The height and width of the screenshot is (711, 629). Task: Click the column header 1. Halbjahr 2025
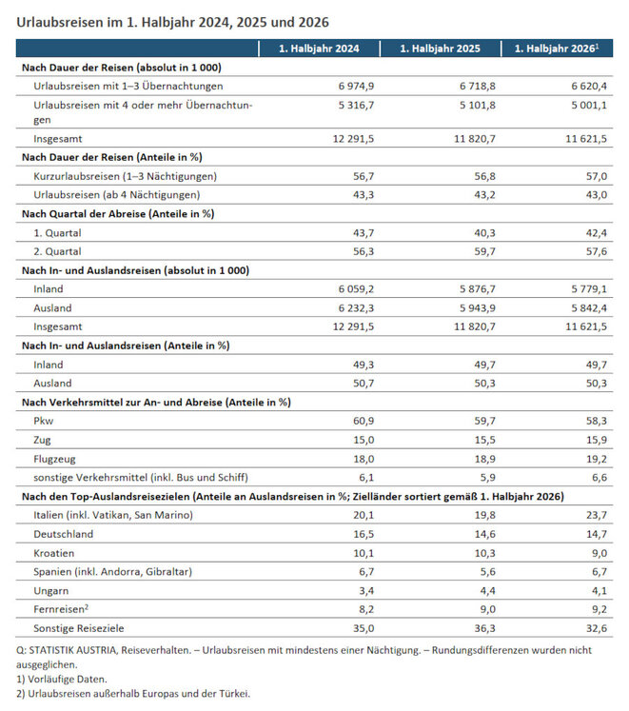pyautogui.click(x=440, y=49)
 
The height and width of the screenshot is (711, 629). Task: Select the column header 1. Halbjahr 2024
pyautogui.click(x=319, y=49)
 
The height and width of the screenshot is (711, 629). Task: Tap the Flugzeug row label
pyautogui.click(x=54, y=459)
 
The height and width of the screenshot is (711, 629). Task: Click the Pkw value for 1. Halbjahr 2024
pyautogui.click(x=364, y=421)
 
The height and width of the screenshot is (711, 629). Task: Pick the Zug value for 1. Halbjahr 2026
pyautogui.click(x=597, y=440)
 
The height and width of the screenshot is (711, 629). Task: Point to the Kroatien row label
pyautogui.click(x=53, y=553)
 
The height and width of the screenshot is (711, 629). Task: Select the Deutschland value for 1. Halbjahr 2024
pyautogui.click(x=364, y=534)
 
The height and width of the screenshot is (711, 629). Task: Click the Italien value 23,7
pyautogui.click(x=597, y=515)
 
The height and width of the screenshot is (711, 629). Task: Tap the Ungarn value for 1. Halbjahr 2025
pyautogui.click(x=488, y=591)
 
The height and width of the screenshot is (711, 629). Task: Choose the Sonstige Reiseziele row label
pyautogui.click(x=78, y=628)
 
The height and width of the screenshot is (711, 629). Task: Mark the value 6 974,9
pyautogui.click(x=356, y=87)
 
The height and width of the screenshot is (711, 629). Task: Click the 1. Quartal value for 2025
pyautogui.click(x=484, y=233)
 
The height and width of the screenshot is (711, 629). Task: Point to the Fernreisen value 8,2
pyautogui.click(x=366, y=609)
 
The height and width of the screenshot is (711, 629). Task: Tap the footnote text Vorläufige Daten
pyautogui.click(x=68, y=680)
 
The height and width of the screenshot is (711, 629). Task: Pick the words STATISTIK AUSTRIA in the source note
pyautogui.click(x=72, y=650)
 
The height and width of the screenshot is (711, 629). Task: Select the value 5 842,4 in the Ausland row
pyautogui.click(x=589, y=308)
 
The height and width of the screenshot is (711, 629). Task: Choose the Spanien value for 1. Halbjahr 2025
pyautogui.click(x=488, y=572)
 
